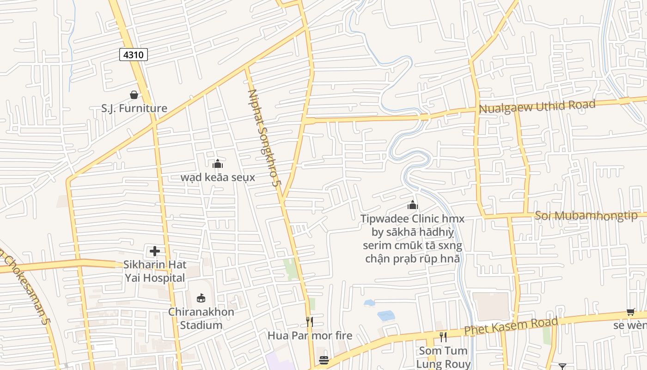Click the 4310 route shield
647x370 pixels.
pyautogui.click(x=134, y=55)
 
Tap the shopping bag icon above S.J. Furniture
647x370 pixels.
pyautogui.click(x=134, y=95)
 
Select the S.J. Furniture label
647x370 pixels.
pyautogui.click(x=134, y=108)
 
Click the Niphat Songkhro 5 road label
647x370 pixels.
pyautogui.click(x=264, y=138)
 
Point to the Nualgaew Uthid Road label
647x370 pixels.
pyautogui.click(x=537, y=106)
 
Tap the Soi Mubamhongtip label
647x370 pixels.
pyautogui.click(x=586, y=216)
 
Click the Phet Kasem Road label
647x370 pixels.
pyautogui.click(x=511, y=326)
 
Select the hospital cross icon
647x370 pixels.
pyautogui.click(x=155, y=251)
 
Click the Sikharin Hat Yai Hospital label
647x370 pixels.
pyautogui.click(x=155, y=271)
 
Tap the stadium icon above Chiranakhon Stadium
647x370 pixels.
pyautogui.click(x=201, y=298)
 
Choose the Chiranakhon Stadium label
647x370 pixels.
pyautogui.click(x=201, y=318)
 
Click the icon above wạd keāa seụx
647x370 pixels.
pyautogui.click(x=218, y=164)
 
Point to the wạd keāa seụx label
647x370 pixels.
pyautogui.click(x=218, y=178)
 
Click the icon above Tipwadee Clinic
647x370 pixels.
pyautogui.click(x=412, y=205)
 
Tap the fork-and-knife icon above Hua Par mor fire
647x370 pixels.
pyautogui.click(x=310, y=321)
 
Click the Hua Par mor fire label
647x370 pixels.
pyautogui.click(x=310, y=335)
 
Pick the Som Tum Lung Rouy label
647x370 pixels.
pyautogui.click(x=443, y=357)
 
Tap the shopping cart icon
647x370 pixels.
pyautogui.click(x=630, y=312)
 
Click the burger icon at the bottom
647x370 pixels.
pyautogui.click(x=324, y=360)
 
